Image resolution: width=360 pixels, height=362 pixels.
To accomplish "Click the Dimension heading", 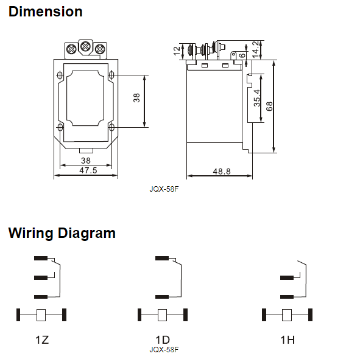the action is coord(46,12).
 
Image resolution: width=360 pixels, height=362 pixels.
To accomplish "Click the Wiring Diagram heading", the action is coord(62,233).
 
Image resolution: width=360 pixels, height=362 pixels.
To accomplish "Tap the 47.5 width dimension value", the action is coord(88,170).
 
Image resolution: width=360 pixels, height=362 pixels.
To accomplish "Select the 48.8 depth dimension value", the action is coord(222,172).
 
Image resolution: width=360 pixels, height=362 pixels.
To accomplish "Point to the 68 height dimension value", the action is coord(269,106).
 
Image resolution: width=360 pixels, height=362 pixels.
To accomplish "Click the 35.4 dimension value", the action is coord(257,98).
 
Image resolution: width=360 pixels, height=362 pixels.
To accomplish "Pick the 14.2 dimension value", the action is coord(255,50).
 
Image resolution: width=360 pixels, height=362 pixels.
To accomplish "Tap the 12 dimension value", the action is coord(177,51).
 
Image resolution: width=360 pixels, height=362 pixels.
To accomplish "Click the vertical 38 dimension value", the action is coord(136,98).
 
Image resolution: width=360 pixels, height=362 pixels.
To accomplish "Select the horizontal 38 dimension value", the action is coord(86,161).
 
